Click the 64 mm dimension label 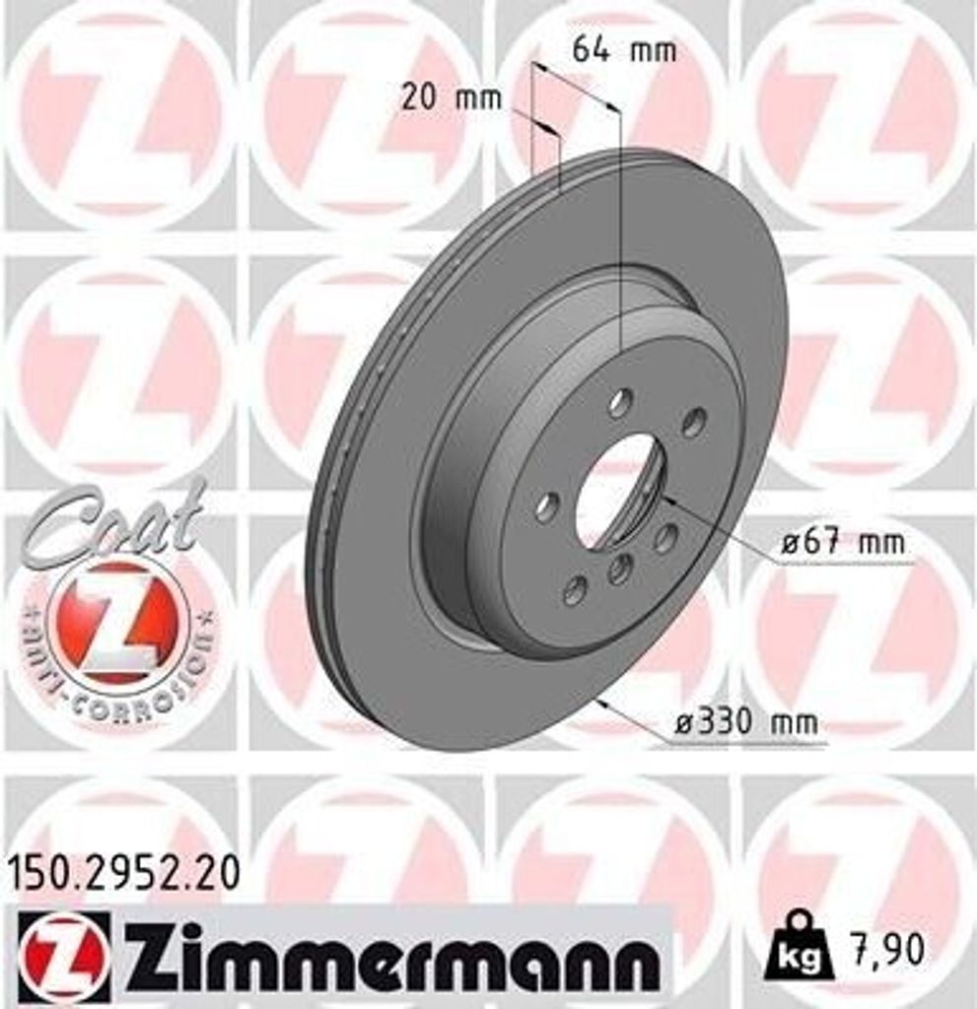click(624, 50)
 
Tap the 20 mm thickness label click(452, 98)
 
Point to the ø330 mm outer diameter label click(746, 722)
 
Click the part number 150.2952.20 click(124, 873)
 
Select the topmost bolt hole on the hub click(620, 402)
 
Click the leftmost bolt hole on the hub click(546, 507)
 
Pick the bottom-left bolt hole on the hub click(574, 590)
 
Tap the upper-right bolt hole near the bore click(694, 422)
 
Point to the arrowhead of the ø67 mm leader click(665, 499)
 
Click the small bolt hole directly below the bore click(619, 569)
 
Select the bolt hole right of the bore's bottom click(666, 538)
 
